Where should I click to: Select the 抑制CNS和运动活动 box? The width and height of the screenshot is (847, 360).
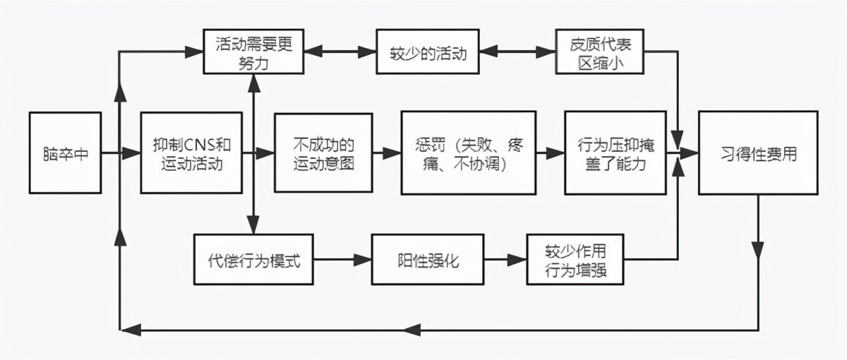coord(192,152)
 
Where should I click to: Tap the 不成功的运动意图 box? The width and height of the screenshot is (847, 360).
coord(323,152)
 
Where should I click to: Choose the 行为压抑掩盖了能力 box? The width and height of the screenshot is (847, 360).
coord(614,152)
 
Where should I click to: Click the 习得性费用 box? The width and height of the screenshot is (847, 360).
coord(758,152)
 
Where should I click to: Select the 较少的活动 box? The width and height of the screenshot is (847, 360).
coord(428,52)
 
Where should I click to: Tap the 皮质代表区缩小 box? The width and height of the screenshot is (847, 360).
coord(600,52)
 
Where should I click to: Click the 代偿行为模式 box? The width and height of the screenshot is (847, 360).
coord(254,259)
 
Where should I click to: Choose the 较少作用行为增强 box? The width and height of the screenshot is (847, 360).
coord(576,259)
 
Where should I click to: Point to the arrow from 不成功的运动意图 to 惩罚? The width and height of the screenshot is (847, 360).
coord(386,152)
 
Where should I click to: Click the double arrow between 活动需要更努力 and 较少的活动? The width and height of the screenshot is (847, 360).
coord(340,52)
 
